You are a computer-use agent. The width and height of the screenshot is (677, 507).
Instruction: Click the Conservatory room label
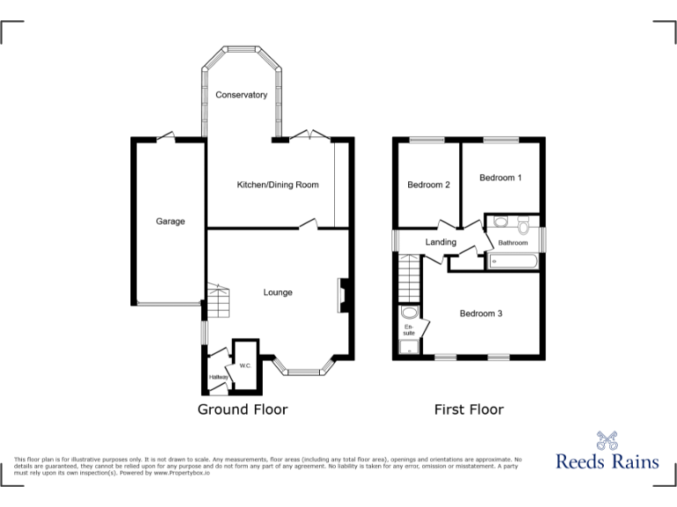242,95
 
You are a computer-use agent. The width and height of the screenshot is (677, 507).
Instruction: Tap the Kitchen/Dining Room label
278,185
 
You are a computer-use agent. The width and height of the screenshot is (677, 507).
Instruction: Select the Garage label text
170,222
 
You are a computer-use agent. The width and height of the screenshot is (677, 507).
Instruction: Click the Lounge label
278,292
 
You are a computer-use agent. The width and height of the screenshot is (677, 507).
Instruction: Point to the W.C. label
244,364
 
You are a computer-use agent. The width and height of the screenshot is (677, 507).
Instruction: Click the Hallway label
219,378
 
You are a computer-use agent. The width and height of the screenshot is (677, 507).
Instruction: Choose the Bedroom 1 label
500,178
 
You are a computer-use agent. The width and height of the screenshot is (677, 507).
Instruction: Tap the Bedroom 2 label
428,185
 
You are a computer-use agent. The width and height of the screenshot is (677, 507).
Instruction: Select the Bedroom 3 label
481,313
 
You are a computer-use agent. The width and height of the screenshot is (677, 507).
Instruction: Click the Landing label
441,242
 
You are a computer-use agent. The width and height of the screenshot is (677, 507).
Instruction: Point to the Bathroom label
513,243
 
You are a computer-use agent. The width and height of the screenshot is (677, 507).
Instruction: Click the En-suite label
408,330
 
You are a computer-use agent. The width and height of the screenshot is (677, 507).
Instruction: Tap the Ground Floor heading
242,409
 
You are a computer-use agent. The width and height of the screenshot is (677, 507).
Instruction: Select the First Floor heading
469,409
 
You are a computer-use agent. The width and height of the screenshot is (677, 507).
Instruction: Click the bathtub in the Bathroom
514,261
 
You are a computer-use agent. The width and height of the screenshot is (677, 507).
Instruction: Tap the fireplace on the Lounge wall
344,295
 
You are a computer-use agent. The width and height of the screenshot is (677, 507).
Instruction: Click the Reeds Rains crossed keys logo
606,439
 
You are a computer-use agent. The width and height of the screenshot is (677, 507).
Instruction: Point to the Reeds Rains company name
606,460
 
